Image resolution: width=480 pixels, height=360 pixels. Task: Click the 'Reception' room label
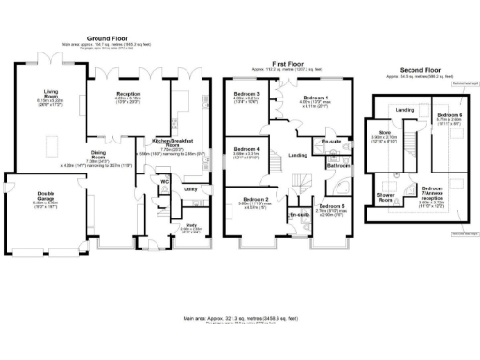tap(128, 94)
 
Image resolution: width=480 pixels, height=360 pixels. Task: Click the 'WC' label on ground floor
tap(163, 181)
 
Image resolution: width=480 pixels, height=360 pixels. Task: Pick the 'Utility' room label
tap(190, 189)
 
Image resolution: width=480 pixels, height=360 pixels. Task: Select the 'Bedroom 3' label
tap(247, 93)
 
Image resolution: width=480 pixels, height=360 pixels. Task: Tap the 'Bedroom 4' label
tap(247, 149)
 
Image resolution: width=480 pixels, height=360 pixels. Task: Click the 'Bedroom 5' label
tap(331, 206)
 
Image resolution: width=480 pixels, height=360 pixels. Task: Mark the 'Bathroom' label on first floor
tap(337, 166)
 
